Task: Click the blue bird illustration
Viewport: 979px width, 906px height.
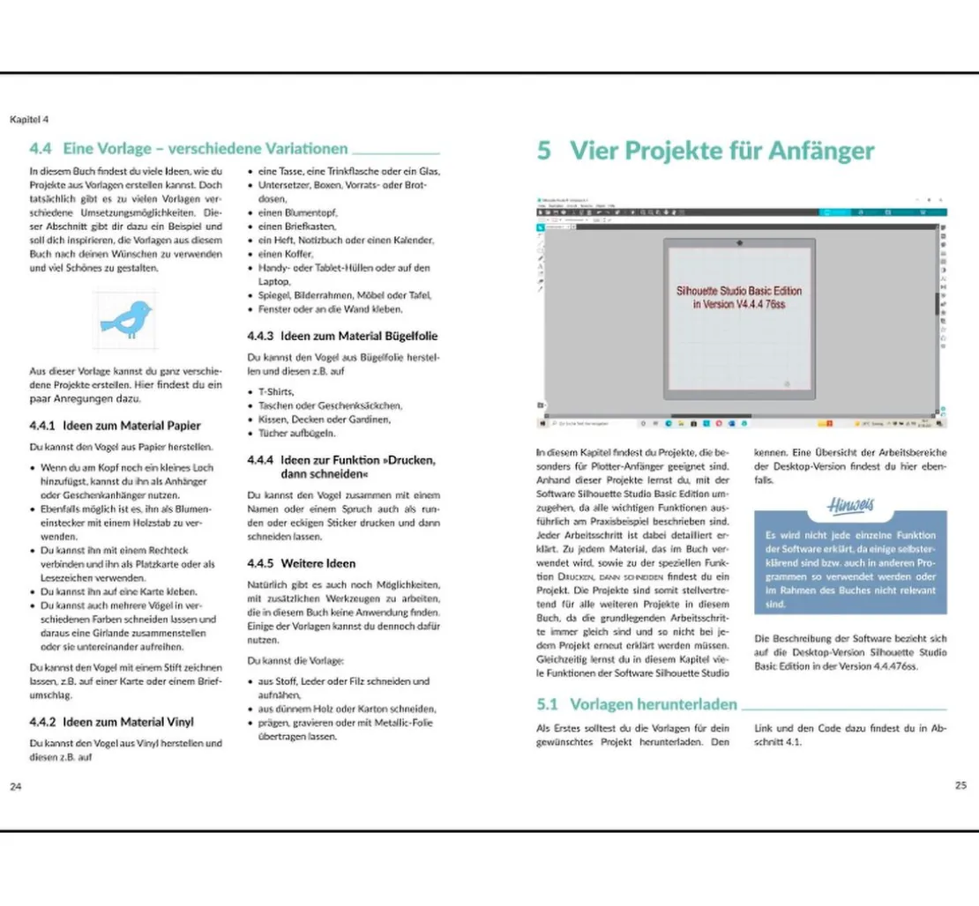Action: [125, 320]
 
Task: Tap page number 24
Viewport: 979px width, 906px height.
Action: [15, 786]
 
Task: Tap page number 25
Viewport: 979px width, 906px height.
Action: [960, 785]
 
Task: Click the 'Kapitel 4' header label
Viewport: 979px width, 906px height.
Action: [29, 118]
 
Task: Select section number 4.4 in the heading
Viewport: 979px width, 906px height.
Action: [41, 149]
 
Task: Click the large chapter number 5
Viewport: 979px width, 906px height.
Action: [544, 151]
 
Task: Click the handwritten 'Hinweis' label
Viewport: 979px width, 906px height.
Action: [849, 505]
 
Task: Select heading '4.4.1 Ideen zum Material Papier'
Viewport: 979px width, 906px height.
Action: [115, 426]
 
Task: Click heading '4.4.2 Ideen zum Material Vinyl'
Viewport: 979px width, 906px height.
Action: [111, 722]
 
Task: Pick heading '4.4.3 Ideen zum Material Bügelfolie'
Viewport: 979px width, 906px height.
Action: [343, 336]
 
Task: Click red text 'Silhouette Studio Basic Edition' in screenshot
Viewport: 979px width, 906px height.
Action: [739, 290]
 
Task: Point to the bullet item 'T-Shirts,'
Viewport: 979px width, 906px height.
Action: [276, 391]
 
